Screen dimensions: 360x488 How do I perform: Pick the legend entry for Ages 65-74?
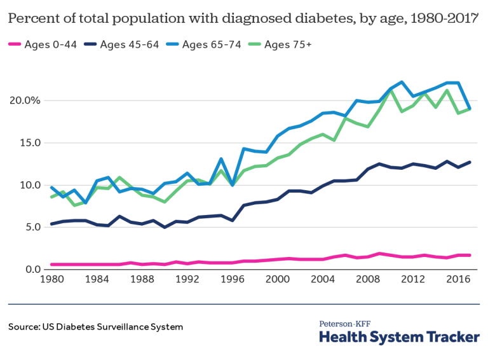pos(210,45)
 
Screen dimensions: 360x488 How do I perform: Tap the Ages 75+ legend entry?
pos(288,45)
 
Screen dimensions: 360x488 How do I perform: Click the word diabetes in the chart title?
pos(304,18)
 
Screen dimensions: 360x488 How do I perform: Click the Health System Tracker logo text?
pos(398,337)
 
